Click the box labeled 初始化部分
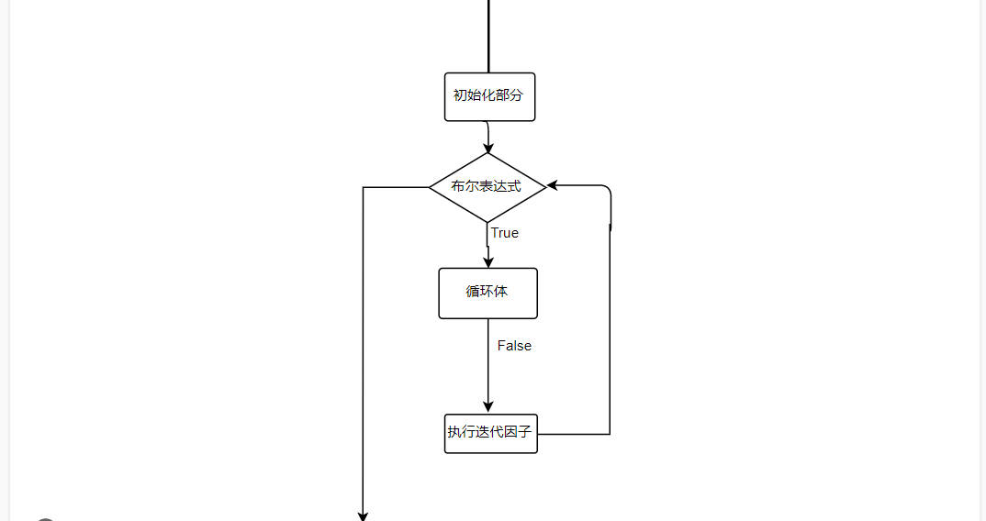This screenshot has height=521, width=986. [x=489, y=96]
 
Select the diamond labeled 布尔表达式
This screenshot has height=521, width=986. [x=487, y=187]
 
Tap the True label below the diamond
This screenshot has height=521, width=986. [x=504, y=233]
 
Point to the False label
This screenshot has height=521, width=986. [x=514, y=346]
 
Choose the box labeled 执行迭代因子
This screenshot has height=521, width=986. [x=490, y=433]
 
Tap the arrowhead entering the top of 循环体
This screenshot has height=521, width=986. [x=488, y=261]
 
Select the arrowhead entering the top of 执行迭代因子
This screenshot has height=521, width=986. [x=488, y=407]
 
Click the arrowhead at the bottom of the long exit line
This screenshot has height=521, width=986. [x=364, y=515]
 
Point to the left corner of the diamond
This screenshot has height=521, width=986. [x=431, y=187]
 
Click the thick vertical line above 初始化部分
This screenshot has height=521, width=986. [x=488, y=37]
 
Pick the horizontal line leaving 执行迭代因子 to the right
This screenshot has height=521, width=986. [x=574, y=434]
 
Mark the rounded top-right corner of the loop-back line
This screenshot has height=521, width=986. [x=608, y=189]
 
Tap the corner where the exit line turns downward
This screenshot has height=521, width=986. [x=364, y=188]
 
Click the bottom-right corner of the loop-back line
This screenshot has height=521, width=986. [x=610, y=434]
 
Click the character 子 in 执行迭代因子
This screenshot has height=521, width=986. [x=525, y=432]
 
